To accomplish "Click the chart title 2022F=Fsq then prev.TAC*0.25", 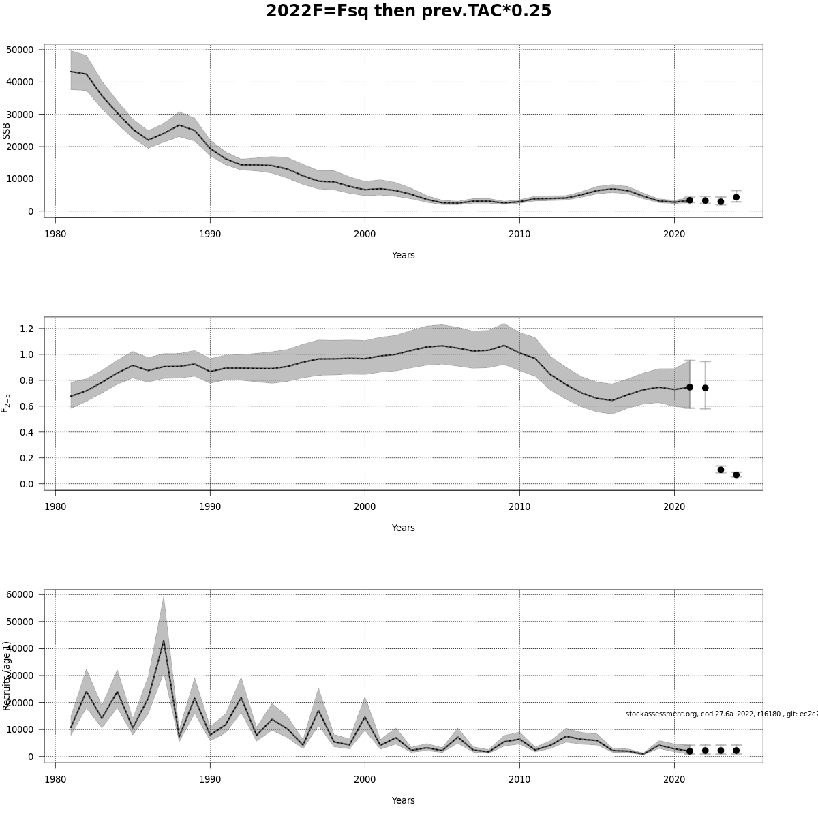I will coord(408,12).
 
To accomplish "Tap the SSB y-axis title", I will coord(7,131).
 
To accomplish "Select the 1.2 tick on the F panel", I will coord(28,329).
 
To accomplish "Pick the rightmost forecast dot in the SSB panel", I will coord(736,197).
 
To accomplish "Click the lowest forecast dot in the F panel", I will coord(736,474).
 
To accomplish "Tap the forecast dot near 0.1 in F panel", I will coord(721,470).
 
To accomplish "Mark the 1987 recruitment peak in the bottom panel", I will coord(164,641).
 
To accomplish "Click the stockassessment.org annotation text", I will coord(721,714).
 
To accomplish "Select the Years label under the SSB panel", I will coord(403,255).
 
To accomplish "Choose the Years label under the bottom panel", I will coord(403,800).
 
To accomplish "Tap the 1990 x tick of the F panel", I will coord(210,506).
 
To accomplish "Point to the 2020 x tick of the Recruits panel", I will coord(674,779).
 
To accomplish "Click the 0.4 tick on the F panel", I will coord(28,432).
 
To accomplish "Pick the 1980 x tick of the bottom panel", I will coord(55,779).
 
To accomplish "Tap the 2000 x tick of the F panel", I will coord(365,506).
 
